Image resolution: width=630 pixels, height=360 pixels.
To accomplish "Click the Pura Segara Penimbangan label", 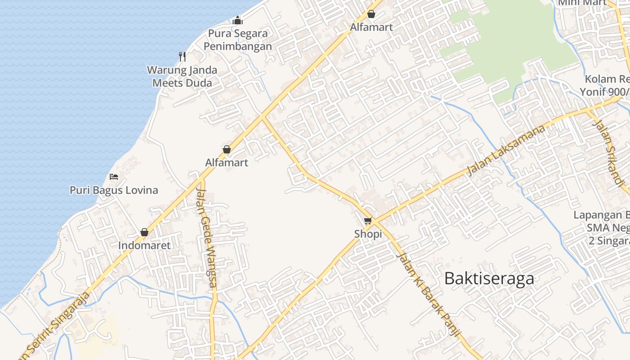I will coord(238,40).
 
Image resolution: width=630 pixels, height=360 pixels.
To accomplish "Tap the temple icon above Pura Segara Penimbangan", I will coord(238,20).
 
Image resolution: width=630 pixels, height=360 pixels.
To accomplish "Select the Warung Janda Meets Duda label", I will coord(182,76).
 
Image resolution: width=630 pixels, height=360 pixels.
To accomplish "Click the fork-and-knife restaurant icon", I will coord(182,56).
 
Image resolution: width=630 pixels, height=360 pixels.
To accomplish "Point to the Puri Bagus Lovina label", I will coord(114,190).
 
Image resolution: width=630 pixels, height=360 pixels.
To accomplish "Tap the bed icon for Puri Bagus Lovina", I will coord(114,176).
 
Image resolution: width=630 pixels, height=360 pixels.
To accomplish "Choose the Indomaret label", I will coord(144,245).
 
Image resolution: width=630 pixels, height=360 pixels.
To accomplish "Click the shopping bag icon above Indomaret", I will coord(144,232).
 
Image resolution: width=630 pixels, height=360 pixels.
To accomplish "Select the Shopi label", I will coord(368,234).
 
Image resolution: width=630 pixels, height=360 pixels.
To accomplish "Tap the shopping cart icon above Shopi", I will coord(368,220).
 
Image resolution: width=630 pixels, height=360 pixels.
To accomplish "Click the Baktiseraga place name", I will coord(489,279).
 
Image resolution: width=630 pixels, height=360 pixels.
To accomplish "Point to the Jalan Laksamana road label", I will coord(506,150).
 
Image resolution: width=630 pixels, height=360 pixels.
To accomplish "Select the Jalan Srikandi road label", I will coord(610,152).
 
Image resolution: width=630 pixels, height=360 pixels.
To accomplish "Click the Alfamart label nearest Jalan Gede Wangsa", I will coord(227,162).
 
